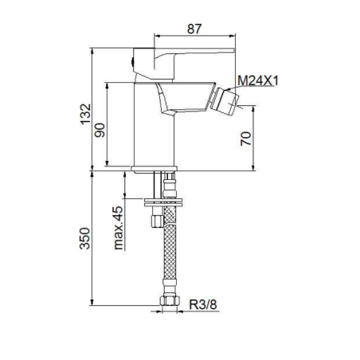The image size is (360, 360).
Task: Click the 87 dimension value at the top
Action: (194, 29)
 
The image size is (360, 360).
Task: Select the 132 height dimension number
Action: (85, 114)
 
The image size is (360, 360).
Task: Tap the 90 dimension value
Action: (100, 130)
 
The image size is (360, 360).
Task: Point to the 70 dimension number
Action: (245, 139)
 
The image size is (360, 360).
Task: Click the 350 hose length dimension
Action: (85, 238)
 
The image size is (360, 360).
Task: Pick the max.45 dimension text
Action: (118, 228)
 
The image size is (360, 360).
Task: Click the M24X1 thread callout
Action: (258, 80)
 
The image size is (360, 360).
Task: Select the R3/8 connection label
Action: (203, 304)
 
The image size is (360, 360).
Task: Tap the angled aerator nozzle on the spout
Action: (225, 101)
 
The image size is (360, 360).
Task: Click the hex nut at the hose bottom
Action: (170, 301)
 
